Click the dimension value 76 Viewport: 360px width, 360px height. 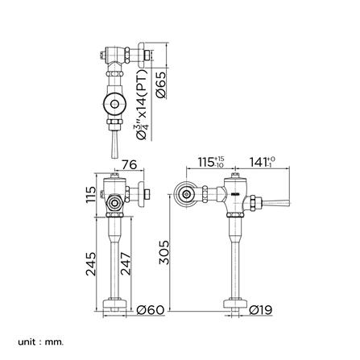coord(127,164)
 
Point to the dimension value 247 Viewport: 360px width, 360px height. coord(126,263)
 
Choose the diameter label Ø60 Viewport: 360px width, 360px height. coord(151,309)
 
